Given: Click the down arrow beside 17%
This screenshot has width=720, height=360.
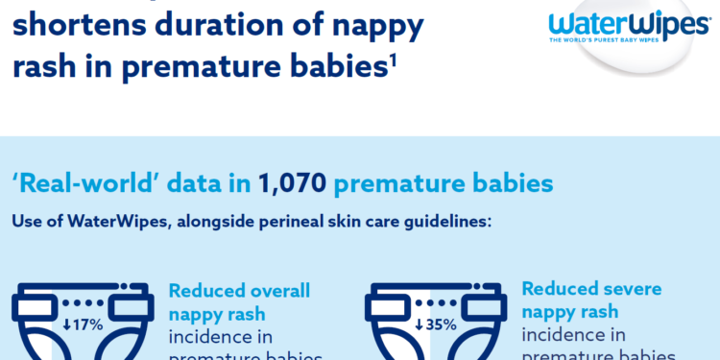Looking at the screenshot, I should click(66, 324).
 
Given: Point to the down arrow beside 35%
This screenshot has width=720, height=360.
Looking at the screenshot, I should click(419, 324).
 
